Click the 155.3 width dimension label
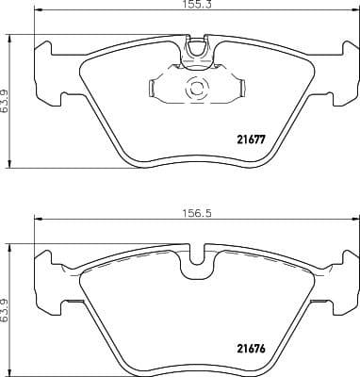coord(192,6)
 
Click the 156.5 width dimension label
coord(193,213)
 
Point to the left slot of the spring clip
coord(154,90)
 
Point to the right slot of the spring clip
coord(240,90)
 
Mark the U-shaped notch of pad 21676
coord(197,255)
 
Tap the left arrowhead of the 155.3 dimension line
coord(38,14)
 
